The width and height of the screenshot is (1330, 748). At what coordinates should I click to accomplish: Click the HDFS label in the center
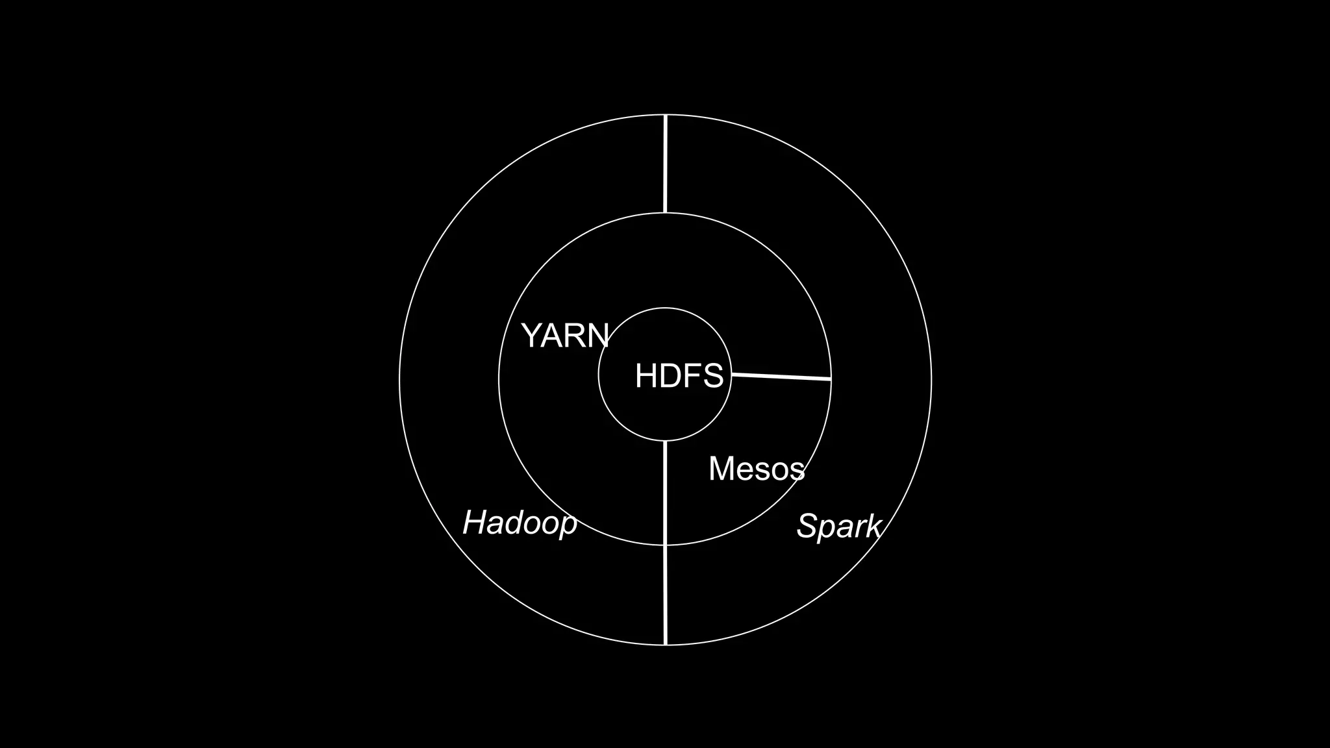pos(679,376)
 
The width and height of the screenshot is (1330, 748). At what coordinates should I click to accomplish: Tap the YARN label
pos(565,336)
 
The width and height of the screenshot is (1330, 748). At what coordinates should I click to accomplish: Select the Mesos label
pos(757,468)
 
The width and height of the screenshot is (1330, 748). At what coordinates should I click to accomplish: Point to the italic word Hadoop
pos(520,523)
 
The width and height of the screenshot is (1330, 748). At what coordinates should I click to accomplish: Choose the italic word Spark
pos(838,526)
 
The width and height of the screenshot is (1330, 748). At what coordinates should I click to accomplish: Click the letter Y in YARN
pos(531,336)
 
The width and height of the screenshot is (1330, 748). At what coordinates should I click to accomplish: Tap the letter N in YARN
pos(597,336)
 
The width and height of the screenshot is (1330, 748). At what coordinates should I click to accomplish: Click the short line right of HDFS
pos(781,376)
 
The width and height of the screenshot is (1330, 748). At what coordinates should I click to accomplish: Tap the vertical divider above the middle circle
pos(665,164)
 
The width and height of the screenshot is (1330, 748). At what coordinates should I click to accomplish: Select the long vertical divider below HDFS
pos(666,543)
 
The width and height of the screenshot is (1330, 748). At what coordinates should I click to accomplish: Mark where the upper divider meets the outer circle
pos(666,115)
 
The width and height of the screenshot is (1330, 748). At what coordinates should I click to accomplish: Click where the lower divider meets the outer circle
pos(666,645)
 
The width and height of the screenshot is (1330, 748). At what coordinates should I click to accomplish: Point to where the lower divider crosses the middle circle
pos(666,545)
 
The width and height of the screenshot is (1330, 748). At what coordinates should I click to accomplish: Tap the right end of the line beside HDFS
pos(831,379)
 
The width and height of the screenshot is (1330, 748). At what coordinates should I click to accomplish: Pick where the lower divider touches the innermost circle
pos(666,441)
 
